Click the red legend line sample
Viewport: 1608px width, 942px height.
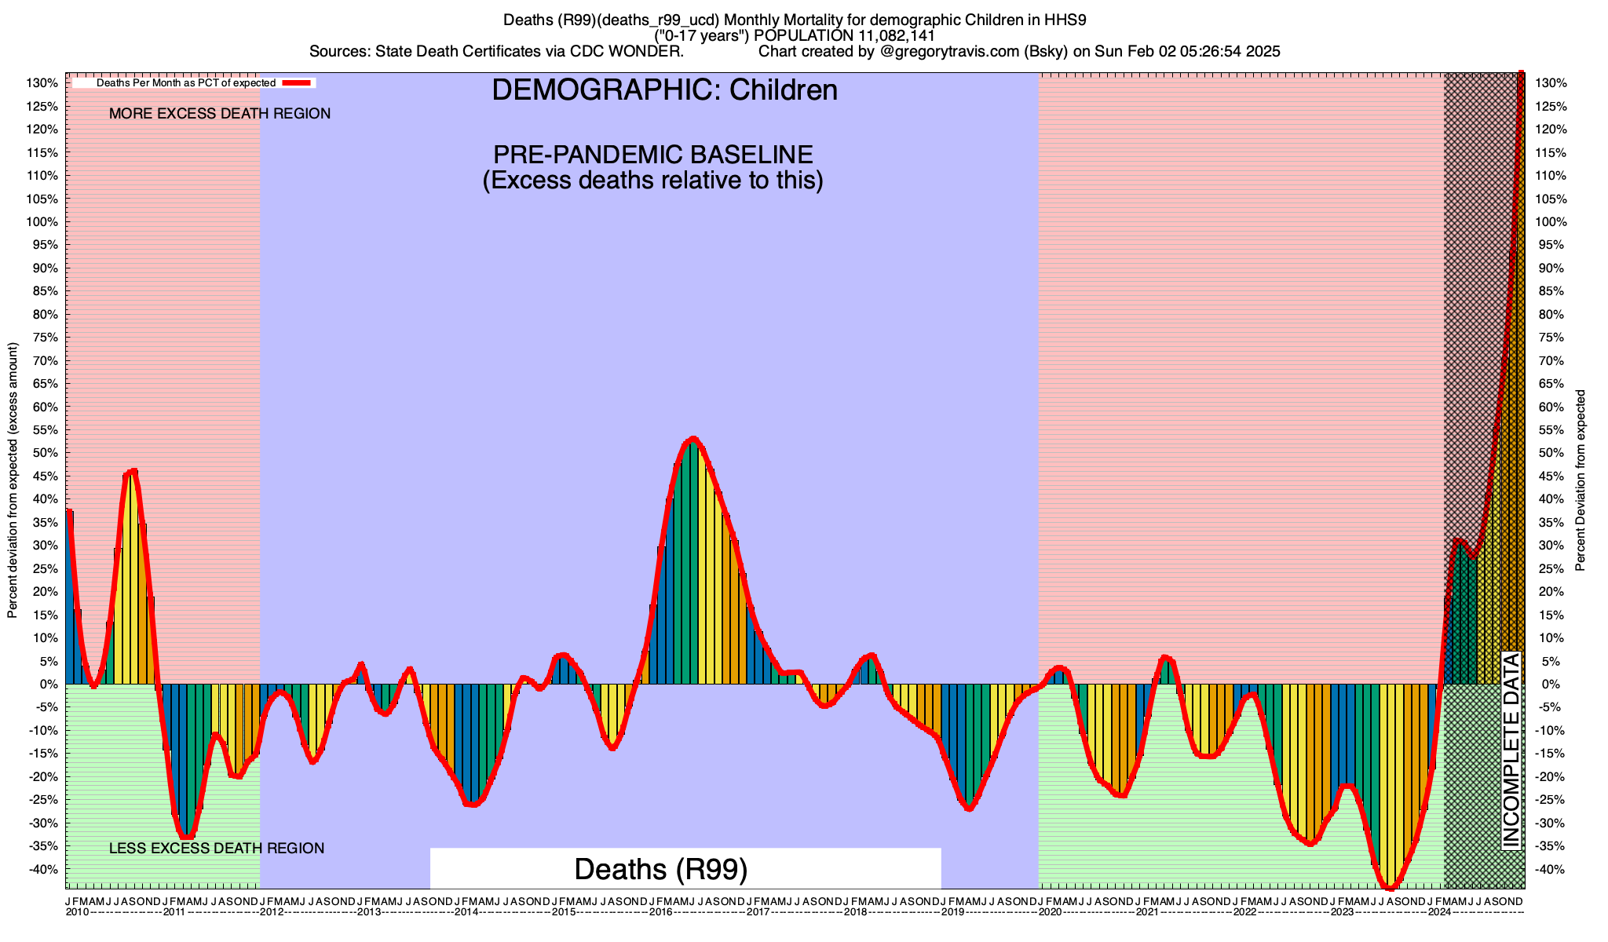[298, 82]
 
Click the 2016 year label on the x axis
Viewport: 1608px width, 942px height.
[661, 912]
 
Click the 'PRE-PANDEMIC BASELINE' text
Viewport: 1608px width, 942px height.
[652, 154]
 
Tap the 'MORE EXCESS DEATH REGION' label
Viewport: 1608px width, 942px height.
[220, 114]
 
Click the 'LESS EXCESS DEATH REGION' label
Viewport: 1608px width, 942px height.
[217, 849]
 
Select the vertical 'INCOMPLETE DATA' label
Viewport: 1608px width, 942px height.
[1511, 750]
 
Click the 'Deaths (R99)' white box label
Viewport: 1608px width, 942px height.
[660, 869]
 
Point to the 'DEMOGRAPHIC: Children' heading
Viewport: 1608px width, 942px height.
[664, 90]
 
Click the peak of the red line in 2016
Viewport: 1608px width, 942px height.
[693, 439]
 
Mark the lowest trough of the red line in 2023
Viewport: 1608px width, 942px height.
[1390, 888]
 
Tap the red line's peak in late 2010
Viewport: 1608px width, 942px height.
[133, 471]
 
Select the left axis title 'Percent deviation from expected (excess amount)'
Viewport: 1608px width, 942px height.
[13, 480]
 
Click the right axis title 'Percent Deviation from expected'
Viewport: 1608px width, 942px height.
[1581, 480]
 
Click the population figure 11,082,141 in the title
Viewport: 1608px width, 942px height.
[891, 35]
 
